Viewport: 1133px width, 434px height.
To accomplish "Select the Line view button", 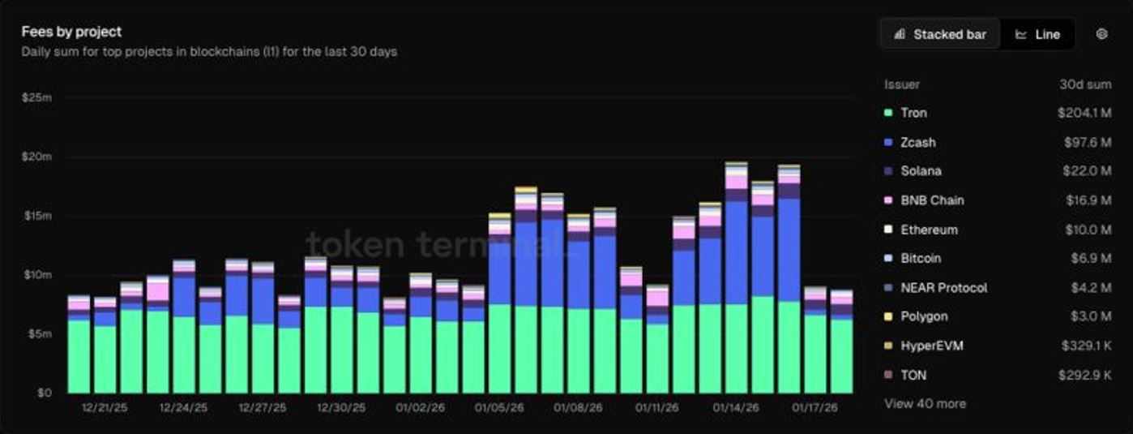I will (1038, 35).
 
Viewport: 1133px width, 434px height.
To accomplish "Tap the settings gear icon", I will (1101, 34).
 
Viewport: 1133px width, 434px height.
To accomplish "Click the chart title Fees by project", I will (71, 32).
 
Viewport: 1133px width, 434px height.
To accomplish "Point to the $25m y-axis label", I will (36, 97).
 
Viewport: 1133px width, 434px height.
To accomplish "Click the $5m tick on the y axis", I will (38, 334).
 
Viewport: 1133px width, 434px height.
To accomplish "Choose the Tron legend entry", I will (913, 113).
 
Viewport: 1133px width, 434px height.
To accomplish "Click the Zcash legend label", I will (917, 142).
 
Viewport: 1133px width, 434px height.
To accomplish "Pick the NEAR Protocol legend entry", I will (943, 287).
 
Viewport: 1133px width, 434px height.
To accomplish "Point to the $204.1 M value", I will (1084, 113).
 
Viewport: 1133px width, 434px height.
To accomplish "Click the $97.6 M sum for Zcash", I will (1088, 142).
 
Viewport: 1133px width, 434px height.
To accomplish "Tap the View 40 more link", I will (925, 403).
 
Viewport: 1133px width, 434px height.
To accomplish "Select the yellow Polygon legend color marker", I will (888, 316).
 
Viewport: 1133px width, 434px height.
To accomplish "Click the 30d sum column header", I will (1085, 84).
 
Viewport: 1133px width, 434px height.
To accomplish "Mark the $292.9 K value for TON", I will (1085, 375).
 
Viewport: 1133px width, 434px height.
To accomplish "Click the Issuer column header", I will (901, 84).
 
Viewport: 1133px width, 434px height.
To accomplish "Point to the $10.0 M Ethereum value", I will (1088, 230).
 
